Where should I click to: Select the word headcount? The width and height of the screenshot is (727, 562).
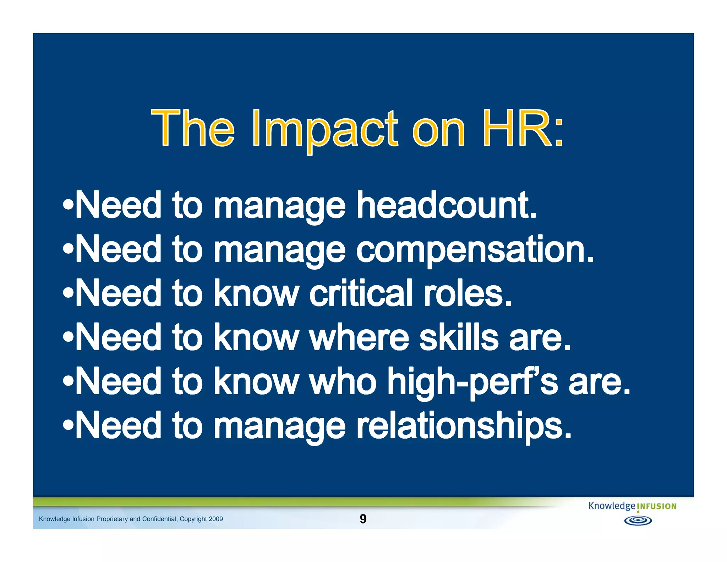tap(446, 205)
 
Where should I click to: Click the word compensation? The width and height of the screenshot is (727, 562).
tap(475, 250)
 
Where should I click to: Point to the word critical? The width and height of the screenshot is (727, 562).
tap(361, 293)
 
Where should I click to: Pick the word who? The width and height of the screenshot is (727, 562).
tap(343, 382)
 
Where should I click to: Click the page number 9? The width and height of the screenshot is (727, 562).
tap(363, 519)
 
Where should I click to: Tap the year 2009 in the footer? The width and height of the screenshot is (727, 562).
tap(215, 519)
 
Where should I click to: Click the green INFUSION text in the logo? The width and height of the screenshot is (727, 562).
tap(656, 507)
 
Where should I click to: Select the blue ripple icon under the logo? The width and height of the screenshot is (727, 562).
tap(638, 521)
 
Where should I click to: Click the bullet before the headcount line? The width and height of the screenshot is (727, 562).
tap(68, 205)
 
